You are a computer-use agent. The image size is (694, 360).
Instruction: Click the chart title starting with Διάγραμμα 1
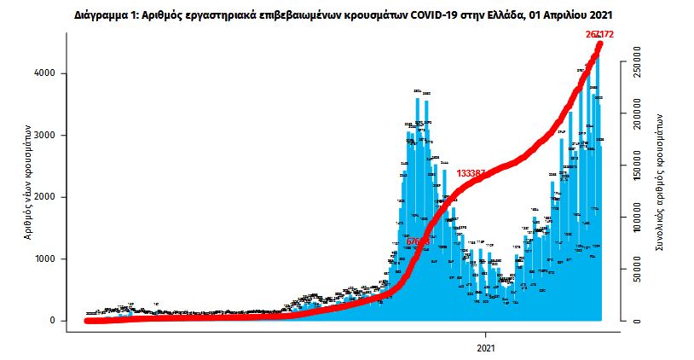click(346, 15)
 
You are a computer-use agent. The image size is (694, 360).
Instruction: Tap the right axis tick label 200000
click(636, 113)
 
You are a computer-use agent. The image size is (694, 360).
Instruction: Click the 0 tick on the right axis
click(636, 321)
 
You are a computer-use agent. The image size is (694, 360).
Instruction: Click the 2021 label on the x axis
click(486, 348)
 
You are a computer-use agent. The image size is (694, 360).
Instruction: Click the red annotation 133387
click(471, 173)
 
